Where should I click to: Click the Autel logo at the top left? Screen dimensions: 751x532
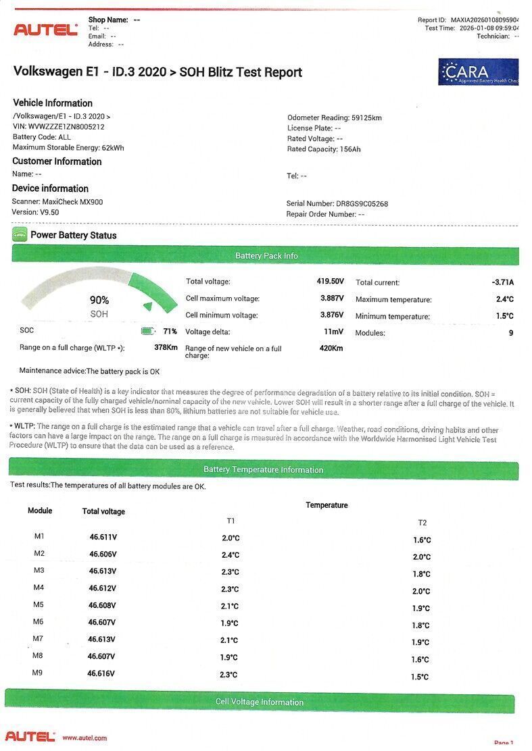tap(46, 30)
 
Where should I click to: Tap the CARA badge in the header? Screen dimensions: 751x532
tap(478, 72)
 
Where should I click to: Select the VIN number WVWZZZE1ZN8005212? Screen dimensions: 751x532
tap(66, 126)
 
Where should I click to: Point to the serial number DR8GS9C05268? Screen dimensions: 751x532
tap(362, 203)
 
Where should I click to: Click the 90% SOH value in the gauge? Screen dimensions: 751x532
tap(99, 301)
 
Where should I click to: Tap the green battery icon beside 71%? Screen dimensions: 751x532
tap(147, 331)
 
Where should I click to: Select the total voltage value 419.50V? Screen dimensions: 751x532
tap(331, 281)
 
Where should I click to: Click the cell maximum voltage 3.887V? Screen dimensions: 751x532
tap(332, 298)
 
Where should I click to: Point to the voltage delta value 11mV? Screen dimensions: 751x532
tap(334, 332)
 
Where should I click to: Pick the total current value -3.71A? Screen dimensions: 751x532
tap(502, 282)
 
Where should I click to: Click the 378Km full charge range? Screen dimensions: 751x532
tap(166, 347)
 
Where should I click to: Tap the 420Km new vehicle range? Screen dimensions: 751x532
tap(331, 348)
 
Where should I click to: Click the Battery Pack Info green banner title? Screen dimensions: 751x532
tap(266, 256)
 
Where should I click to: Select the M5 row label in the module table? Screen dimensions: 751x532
tap(39, 604)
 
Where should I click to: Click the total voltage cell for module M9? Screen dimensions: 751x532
tap(101, 673)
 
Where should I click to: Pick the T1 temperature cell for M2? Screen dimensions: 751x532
tap(231, 555)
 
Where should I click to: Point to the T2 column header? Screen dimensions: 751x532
tap(422, 523)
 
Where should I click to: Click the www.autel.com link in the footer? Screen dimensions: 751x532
tap(84, 738)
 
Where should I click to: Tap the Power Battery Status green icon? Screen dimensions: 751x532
tap(20, 235)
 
